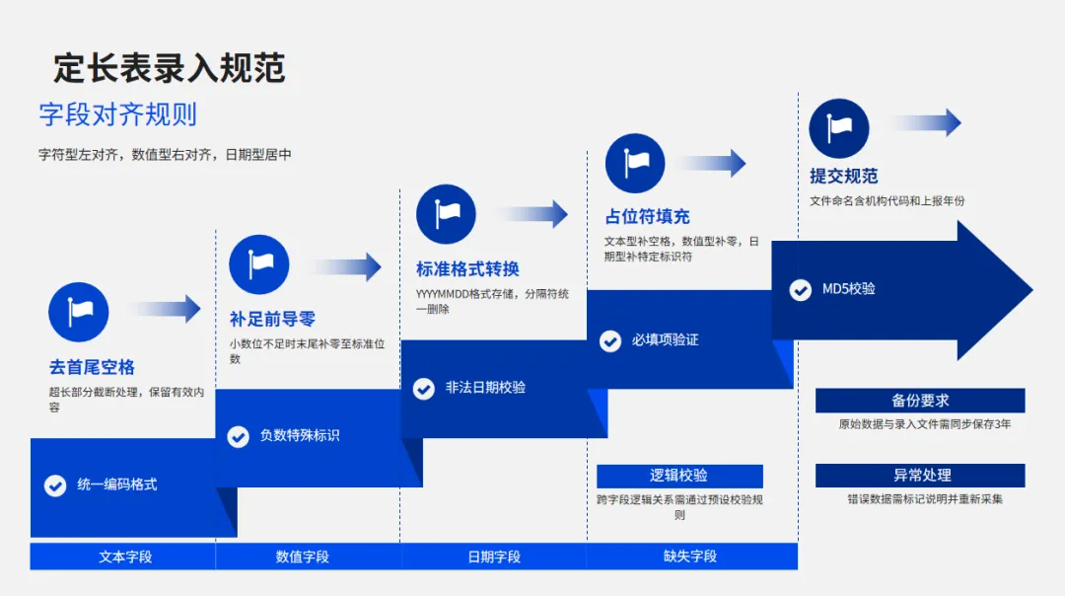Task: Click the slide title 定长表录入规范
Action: [169, 68]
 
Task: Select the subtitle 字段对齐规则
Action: [117, 114]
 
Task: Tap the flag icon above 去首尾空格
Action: [79, 312]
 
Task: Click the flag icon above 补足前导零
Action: [259, 264]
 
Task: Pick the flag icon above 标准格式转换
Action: [446, 214]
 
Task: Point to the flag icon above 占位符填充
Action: [635, 163]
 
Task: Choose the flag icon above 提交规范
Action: [838, 128]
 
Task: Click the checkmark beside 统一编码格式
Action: [55, 485]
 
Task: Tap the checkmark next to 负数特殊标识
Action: [239, 436]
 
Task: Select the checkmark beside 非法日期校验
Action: [424, 389]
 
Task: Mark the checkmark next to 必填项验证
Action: [610, 341]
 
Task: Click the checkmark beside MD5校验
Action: [801, 290]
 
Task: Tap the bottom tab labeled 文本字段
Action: [125, 557]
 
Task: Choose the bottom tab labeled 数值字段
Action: [303, 557]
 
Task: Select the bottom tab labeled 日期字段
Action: [494, 557]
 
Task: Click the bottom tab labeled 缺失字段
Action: [690, 557]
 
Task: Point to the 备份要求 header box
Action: [919, 401]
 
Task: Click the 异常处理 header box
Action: [919, 476]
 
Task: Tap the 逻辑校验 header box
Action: [678, 476]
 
